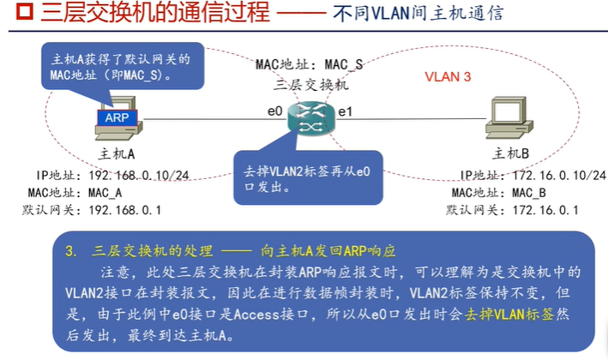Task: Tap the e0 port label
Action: [x=274, y=111]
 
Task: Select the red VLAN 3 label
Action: [x=448, y=76]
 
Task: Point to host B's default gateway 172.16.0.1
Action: [x=546, y=210]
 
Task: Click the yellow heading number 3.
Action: [x=70, y=251]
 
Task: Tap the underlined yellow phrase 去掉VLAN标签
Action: [x=510, y=315]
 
